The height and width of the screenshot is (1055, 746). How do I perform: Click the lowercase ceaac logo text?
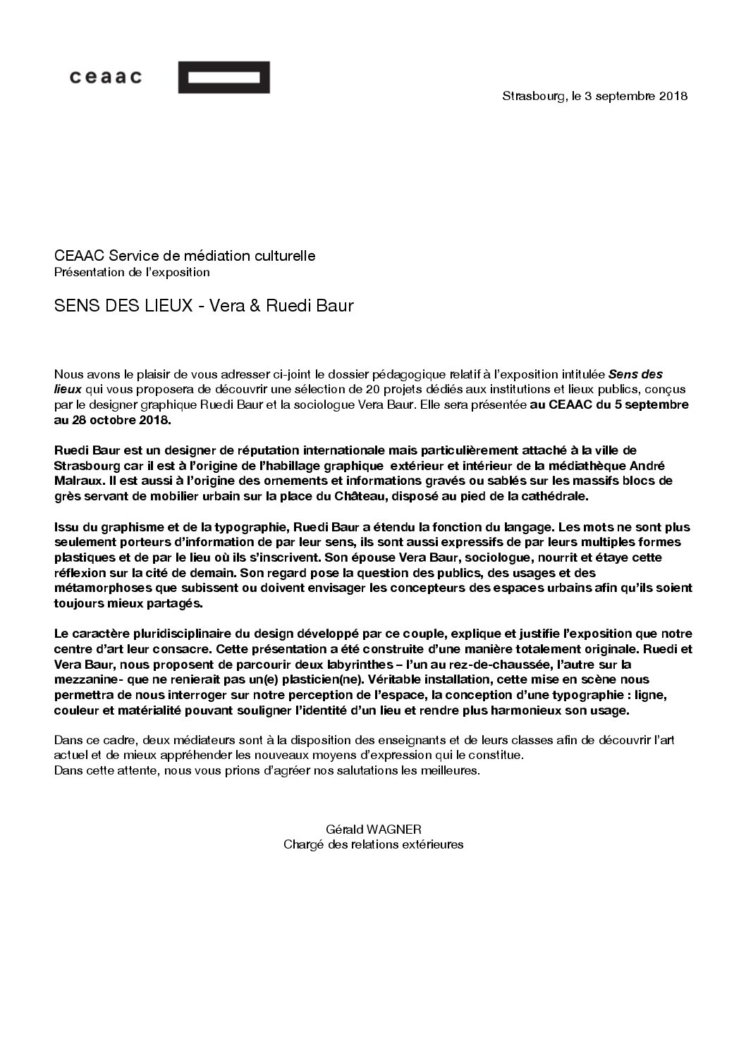tap(105, 77)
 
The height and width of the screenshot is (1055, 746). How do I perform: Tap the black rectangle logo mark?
tap(224, 78)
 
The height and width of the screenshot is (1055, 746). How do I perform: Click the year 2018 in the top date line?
tap(673, 97)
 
